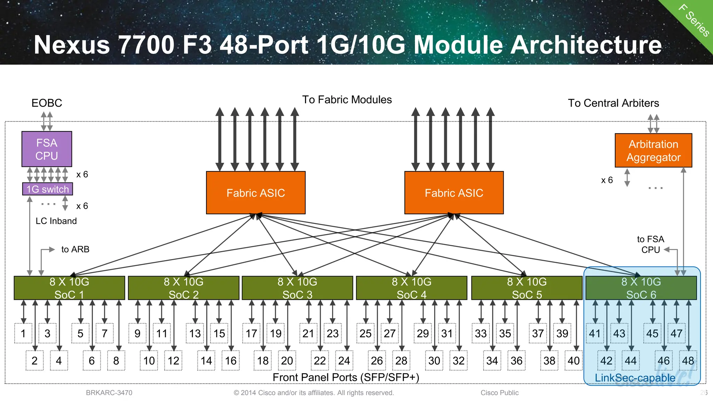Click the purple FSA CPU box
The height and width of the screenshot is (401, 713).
(x=47, y=149)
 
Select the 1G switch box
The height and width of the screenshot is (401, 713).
(x=48, y=189)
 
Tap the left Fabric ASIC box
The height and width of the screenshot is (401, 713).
(x=256, y=193)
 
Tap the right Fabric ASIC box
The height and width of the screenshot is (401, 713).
(x=454, y=193)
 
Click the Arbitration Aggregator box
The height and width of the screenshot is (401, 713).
(x=653, y=151)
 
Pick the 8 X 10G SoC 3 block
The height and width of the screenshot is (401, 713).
(x=297, y=288)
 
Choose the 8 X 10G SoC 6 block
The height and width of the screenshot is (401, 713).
(x=641, y=288)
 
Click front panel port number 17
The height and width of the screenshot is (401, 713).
(x=251, y=334)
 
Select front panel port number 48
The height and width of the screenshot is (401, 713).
(x=688, y=361)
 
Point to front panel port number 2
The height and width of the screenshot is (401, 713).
(x=34, y=361)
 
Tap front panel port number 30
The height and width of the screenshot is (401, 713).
(x=434, y=361)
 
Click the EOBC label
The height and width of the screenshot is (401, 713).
(x=47, y=103)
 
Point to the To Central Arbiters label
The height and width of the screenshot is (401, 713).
(x=613, y=103)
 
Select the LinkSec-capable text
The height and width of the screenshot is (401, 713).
(x=635, y=378)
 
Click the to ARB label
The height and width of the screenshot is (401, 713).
(x=75, y=249)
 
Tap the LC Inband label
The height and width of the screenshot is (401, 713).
(x=56, y=221)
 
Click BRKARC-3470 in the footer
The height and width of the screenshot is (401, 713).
(x=109, y=393)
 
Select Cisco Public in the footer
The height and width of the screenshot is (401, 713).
(x=499, y=393)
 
